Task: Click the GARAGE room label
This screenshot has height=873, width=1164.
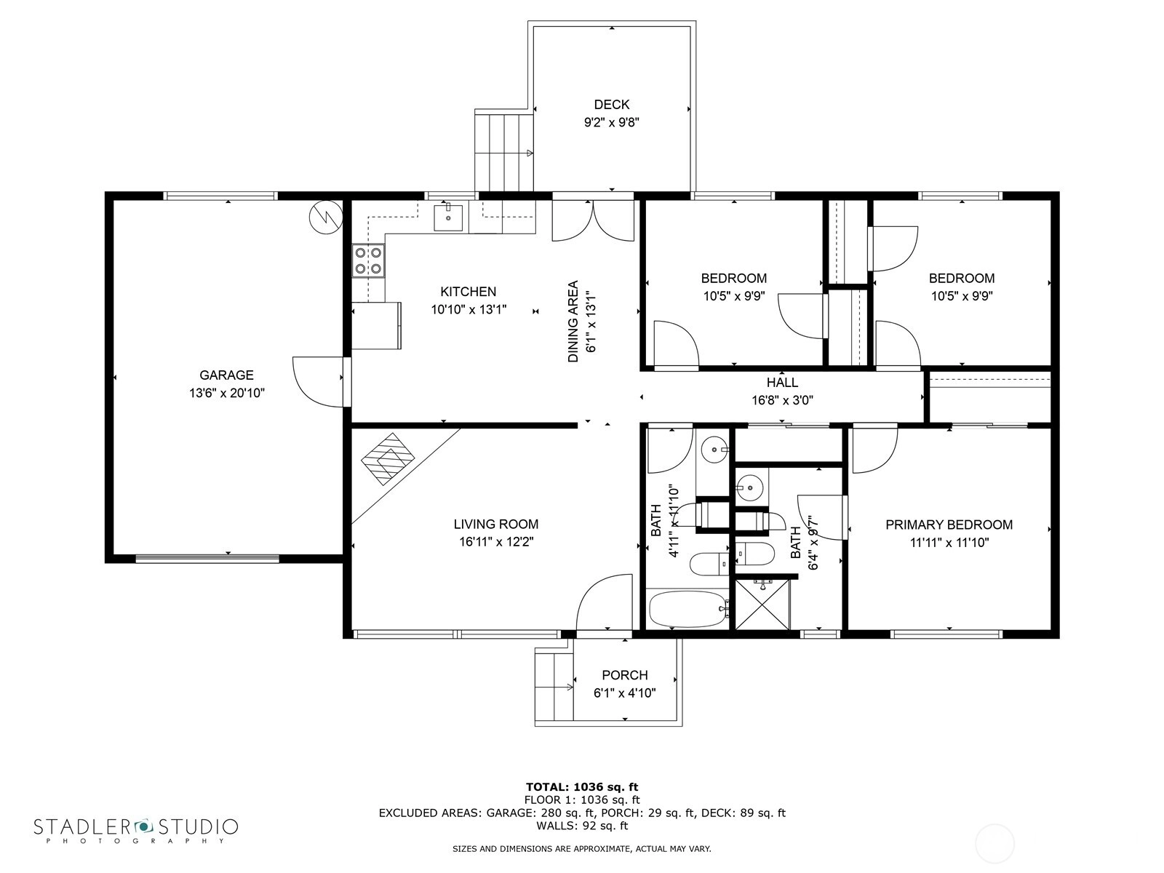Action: coord(226,375)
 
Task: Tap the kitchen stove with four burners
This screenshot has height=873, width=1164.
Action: coord(368,260)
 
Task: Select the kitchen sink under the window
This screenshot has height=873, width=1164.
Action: coord(448,218)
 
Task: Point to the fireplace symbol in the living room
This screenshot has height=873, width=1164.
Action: coord(388,459)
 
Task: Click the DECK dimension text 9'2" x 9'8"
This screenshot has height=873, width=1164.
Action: coord(611,122)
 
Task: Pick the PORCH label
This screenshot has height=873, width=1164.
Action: coord(625,675)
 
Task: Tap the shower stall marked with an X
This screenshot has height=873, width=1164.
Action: coord(762,605)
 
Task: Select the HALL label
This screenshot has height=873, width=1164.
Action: coord(782,382)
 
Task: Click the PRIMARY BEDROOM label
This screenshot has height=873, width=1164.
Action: coord(949,525)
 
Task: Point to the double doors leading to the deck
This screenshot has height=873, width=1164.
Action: coord(594,220)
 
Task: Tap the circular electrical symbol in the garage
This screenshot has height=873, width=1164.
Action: coord(326,217)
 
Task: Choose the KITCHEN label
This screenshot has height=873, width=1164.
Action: coord(469,292)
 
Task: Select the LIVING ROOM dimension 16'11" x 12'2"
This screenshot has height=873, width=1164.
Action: coord(496,542)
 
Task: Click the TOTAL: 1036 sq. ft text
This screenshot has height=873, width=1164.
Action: coord(582,786)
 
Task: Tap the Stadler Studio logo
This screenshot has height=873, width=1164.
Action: coord(136,829)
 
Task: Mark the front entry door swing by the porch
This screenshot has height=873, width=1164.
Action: coord(604,602)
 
